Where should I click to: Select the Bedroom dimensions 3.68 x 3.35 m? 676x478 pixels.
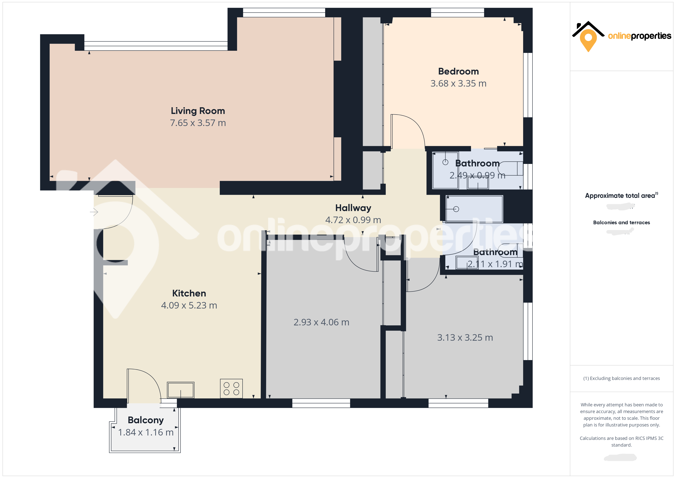tap(458, 83)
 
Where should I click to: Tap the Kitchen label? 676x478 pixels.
tap(189, 293)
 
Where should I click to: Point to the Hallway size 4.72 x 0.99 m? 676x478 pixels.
tap(353, 220)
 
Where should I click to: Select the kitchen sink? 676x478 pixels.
tap(180, 390)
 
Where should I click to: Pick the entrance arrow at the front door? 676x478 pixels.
tap(94, 212)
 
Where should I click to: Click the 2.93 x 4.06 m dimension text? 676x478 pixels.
tap(321, 322)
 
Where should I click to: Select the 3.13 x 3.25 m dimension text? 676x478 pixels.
tap(465, 338)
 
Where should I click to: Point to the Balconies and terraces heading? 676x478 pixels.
tap(621, 223)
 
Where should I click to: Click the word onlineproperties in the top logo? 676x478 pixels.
tap(639, 36)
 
